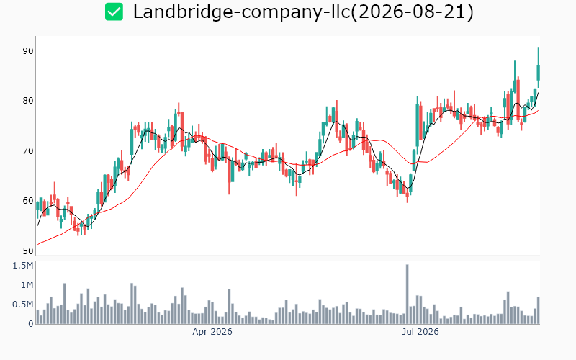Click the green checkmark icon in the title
tap(114, 12)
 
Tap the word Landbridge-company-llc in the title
tap(241, 12)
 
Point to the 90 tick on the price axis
tap(28, 51)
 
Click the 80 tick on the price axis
tap(28, 101)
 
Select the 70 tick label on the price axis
tap(28, 151)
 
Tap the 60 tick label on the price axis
tap(28, 201)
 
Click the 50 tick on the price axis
tap(28, 251)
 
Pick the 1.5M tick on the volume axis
tap(23, 266)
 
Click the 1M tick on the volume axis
tap(27, 285)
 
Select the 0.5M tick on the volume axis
tap(23, 305)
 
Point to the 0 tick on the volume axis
tap(31, 323)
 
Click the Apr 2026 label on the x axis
tap(212, 332)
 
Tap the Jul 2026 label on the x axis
tap(420, 332)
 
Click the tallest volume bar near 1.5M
tap(407, 294)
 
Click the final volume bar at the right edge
tap(538, 310)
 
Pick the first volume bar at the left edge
tap(37, 317)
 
